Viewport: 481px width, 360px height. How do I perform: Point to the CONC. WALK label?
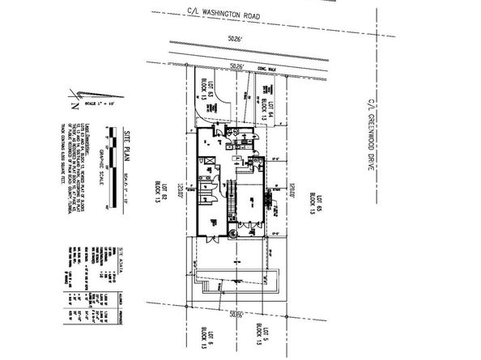click(x=262, y=69)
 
